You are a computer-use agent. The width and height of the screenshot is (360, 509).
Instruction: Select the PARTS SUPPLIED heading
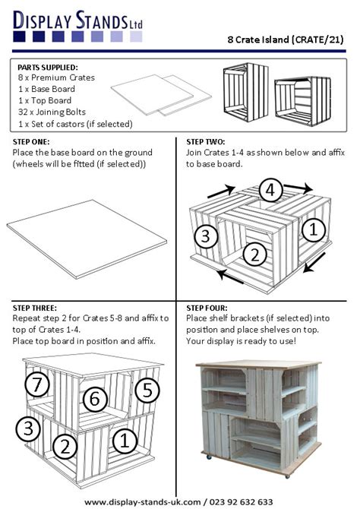tap(47, 67)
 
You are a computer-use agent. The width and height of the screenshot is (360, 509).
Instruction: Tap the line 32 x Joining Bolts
tap(54, 112)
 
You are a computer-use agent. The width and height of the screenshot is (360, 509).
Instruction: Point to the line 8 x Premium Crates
tap(56, 77)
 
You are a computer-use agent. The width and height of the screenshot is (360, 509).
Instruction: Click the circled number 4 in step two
tap(271, 189)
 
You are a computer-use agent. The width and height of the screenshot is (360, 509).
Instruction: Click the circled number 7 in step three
tap(37, 384)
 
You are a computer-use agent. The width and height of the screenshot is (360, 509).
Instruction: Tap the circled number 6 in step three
tap(94, 398)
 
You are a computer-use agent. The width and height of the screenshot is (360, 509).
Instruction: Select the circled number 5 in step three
tap(148, 390)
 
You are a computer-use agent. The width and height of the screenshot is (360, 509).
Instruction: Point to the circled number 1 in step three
tap(126, 439)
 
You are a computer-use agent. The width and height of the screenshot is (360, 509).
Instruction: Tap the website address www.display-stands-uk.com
tap(143, 501)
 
